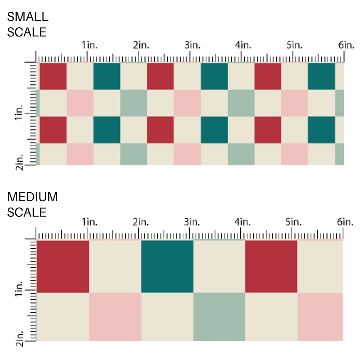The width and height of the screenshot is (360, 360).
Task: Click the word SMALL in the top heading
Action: pyautogui.click(x=28, y=16)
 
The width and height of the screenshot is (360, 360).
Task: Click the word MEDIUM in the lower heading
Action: pyautogui.click(x=33, y=197)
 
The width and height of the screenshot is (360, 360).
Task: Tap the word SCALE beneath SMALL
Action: pyautogui.click(x=27, y=32)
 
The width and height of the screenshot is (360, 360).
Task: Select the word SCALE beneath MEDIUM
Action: pyautogui.click(x=27, y=212)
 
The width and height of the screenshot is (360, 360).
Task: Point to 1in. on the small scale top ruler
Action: pyautogui.click(x=90, y=45)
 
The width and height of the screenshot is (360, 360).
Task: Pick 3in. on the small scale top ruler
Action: pyautogui.click(x=192, y=45)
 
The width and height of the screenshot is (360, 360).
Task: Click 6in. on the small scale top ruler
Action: pyautogui.click(x=345, y=45)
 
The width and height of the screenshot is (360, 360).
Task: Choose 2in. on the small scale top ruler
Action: pyautogui.click(x=141, y=45)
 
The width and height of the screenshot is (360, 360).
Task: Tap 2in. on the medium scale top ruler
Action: pyautogui.click(x=141, y=222)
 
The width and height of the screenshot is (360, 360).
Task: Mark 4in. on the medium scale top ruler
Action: pyautogui.click(x=243, y=222)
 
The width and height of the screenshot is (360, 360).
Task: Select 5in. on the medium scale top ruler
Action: pyautogui.click(x=294, y=222)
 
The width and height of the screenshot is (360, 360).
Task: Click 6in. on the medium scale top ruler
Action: pyautogui.click(x=345, y=222)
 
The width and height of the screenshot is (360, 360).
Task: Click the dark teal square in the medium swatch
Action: pyautogui.click(x=167, y=266)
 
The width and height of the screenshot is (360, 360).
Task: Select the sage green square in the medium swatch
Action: pyautogui.click(x=219, y=317)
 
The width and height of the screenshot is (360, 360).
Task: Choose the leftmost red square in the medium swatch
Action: pyautogui.click(x=63, y=266)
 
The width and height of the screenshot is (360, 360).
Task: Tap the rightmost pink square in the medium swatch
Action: pyautogui.click(x=320, y=317)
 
